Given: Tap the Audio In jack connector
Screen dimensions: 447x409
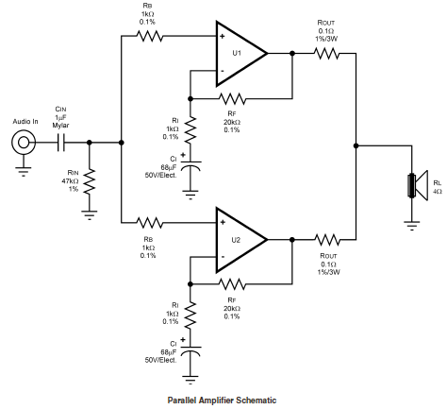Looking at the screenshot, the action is pos(24,143).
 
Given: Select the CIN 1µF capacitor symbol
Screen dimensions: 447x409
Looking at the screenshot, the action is pos(61,143).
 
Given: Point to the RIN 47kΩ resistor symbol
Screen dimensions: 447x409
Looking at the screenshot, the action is pos(90,182).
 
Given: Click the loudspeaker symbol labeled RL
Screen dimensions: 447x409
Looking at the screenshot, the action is pos(418,185).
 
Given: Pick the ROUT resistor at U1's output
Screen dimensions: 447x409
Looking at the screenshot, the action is pos(327,54).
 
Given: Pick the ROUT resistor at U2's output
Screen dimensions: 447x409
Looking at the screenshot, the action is pos(327,240).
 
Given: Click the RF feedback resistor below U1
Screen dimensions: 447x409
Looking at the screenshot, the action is pos(232,99).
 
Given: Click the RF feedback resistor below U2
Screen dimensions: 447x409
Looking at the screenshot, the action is pos(232,284).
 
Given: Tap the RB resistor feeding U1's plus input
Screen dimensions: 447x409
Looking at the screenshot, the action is pos(150,36).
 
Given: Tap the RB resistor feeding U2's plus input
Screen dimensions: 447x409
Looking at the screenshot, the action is pos(150,223).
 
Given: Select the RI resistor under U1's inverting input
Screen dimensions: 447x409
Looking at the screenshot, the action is pos(190,129).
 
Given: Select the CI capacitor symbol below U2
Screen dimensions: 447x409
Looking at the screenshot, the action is pos(190,350).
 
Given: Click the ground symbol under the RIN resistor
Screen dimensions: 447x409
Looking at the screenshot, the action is pos(90,215).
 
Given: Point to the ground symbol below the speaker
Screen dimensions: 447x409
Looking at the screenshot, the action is pos(412,226).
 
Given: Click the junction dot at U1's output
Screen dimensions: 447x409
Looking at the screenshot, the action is pos(292,54).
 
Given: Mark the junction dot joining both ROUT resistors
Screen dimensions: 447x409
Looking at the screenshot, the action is pos(356,145).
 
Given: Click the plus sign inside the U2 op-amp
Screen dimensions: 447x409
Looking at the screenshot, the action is pos(223,223).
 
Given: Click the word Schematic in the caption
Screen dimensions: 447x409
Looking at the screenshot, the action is pos(257,400).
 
